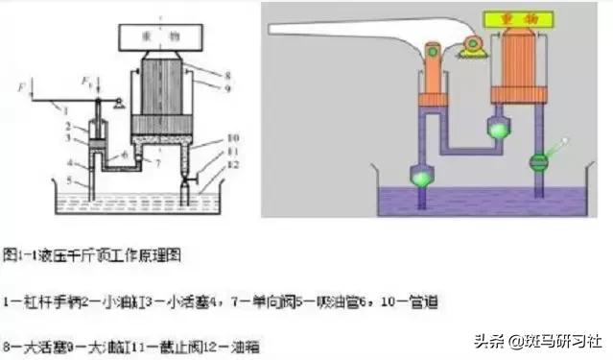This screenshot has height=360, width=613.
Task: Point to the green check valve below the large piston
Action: click(501, 127)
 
